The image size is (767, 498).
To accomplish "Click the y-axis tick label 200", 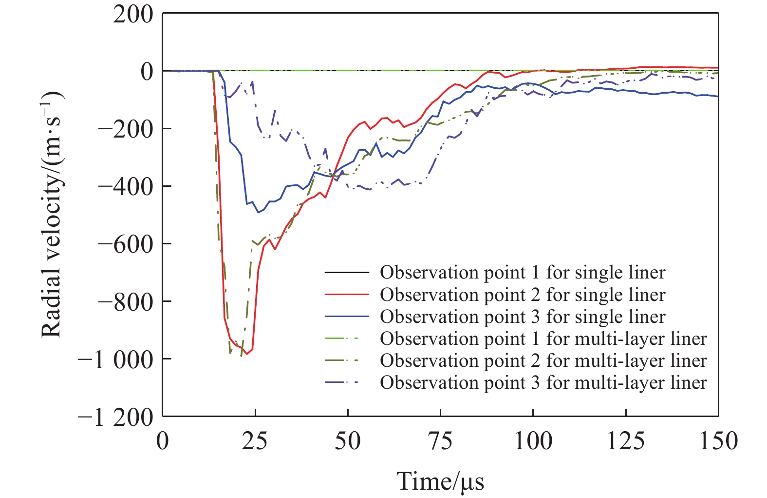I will coord(132,15).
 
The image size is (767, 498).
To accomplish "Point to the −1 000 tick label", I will coord(115,359).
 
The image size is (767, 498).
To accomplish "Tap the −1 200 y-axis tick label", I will coord(115,417).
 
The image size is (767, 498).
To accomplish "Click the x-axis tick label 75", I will coord(440,442).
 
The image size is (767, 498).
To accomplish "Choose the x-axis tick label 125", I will coord(625,442).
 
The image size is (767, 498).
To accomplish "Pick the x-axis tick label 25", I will coord(255,442).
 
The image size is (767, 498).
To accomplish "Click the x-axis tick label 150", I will coord(718,442).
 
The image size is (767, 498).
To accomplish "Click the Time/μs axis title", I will coord(440,481).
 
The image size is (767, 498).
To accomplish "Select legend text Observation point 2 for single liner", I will coord(523,295).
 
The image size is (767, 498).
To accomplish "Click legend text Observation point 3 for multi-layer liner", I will coord(543,382).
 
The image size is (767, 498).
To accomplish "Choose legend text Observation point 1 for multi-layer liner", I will coord(543,339).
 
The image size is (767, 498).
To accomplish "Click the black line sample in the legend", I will coord(347,273).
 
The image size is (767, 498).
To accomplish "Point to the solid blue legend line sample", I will coord(347,317).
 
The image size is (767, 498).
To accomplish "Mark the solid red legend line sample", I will coord(347,295).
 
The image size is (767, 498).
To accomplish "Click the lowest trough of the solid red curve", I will coord(247,354).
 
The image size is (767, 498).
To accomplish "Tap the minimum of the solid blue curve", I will coord(259,212).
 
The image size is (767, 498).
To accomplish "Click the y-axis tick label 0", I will coord(146,72).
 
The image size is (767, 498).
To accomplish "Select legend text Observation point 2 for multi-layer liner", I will coord(543,360).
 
